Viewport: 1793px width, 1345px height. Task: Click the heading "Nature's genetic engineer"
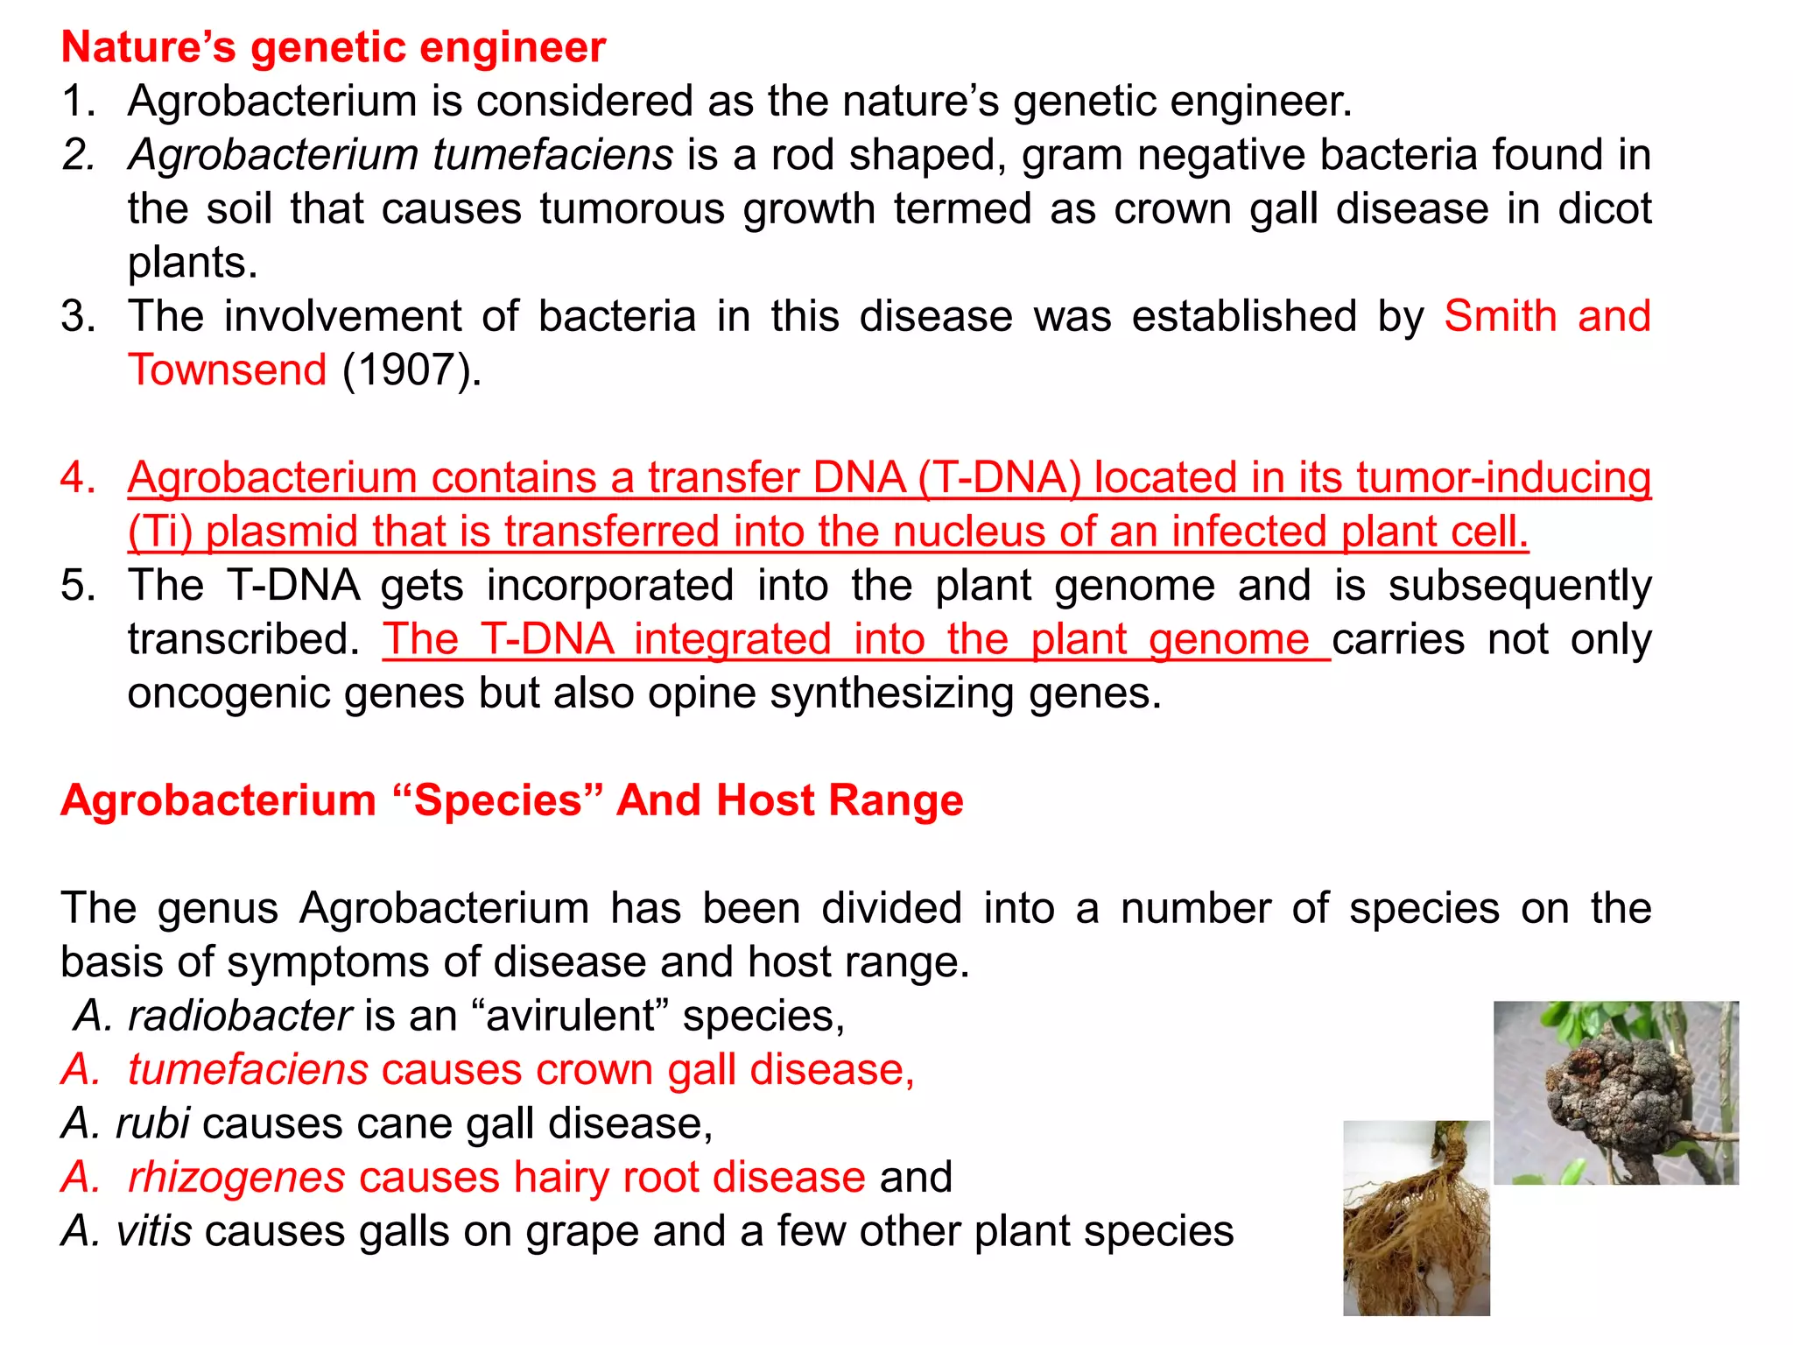pos(333,47)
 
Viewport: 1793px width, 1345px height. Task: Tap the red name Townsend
pos(228,370)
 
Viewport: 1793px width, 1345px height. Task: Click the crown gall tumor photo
pos(1615,1092)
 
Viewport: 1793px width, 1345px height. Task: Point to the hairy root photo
pos(1416,1218)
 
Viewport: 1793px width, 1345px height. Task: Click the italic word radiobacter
pos(240,1017)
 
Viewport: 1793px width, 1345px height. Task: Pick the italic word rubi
pos(152,1124)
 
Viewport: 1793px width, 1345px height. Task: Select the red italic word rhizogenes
pos(236,1178)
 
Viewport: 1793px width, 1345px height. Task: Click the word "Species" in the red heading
pos(498,800)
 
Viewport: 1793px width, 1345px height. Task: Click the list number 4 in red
pos(76,478)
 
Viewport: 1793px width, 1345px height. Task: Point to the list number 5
pos(76,586)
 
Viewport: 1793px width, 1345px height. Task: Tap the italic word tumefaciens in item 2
pos(552,155)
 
